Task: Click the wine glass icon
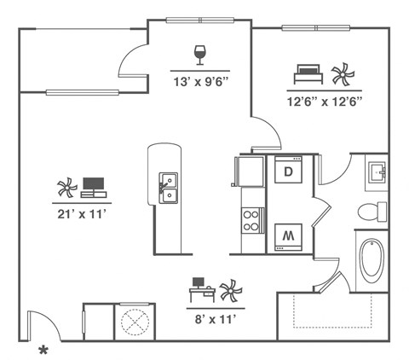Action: [x=200, y=55]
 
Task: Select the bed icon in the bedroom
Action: [x=307, y=73]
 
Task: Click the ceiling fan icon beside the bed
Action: [x=343, y=74]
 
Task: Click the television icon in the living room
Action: [x=94, y=187]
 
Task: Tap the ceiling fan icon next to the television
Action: [x=66, y=188]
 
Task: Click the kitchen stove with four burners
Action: [x=251, y=220]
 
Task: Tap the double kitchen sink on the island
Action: [x=169, y=187]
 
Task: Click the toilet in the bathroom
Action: [x=371, y=212]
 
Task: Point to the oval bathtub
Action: [x=372, y=262]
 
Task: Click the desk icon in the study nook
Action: [x=200, y=288]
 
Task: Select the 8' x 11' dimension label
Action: [x=215, y=319]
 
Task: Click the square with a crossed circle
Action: [x=134, y=322]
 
